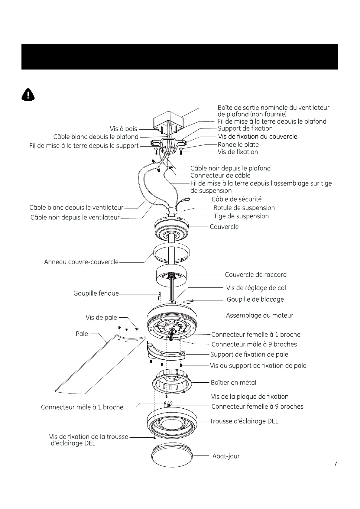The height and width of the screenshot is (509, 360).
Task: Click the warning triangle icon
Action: point(28,95)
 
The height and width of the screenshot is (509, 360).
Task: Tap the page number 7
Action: point(336,463)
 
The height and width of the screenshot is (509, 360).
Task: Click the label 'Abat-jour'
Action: point(226,456)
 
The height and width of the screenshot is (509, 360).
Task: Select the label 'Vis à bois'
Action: point(123,129)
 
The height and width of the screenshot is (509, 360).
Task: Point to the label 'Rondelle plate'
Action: point(238,144)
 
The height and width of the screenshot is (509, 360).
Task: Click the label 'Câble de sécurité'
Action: point(236,199)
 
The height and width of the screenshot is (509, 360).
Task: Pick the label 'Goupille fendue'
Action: point(96,293)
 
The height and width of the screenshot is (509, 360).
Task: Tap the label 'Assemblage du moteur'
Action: point(259,315)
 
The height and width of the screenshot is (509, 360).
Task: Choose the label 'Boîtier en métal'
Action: point(233,382)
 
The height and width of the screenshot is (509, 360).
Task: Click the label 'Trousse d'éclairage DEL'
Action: point(244,421)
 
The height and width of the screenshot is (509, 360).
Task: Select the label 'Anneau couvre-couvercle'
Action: point(81,262)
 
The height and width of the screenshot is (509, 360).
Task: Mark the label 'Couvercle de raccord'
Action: point(255,274)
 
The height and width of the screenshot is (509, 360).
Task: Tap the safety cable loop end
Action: point(186,199)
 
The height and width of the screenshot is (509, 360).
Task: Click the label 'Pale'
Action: point(82,334)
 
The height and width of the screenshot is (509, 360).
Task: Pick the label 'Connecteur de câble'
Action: point(220,176)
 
